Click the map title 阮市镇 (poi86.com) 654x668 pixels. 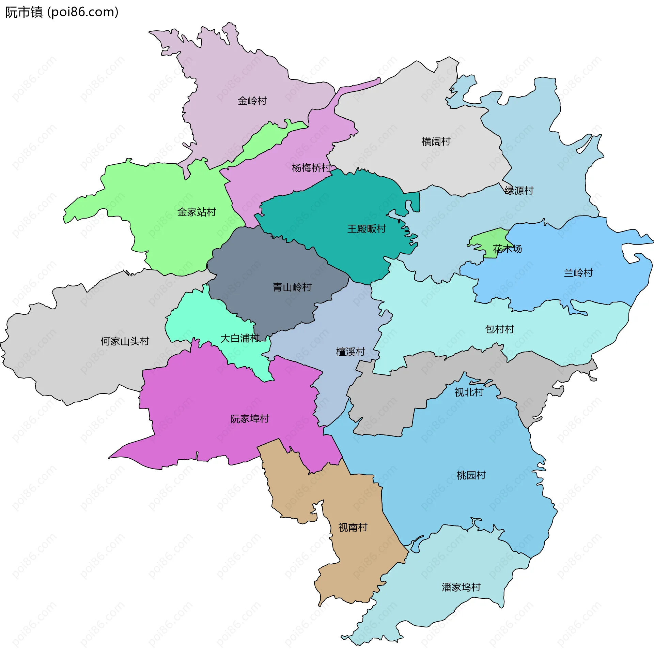click(62, 12)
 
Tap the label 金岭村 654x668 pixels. click(252, 101)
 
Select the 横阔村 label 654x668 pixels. click(436, 141)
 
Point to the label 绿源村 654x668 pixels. click(519, 191)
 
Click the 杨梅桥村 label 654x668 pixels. click(311, 168)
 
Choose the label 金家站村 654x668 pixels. click(197, 212)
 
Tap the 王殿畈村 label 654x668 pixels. click(367, 228)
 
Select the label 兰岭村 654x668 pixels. click(578, 273)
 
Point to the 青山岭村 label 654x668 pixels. click(292, 287)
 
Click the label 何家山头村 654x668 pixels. click(125, 341)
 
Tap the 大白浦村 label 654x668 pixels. click(239, 338)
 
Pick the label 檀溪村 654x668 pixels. click(351, 352)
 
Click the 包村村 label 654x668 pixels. click(499, 329)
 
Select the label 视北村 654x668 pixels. click(469, 392)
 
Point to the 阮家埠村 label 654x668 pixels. click(250, 419)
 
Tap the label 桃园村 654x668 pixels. click(471, 475)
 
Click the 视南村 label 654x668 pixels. click(353, 528)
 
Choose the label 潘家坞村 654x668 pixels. click(461, 587)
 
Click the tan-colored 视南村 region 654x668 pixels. click(357, 557)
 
